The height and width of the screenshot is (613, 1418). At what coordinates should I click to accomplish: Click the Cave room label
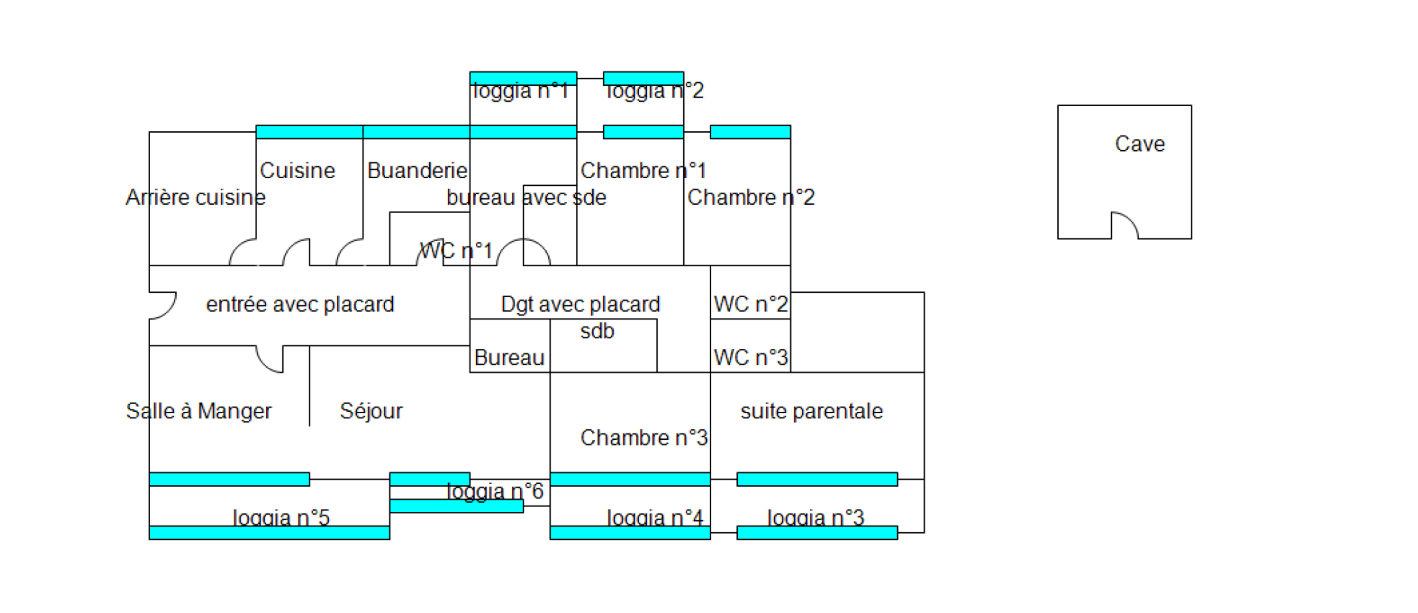pyautogui.click(x=1140, y=144)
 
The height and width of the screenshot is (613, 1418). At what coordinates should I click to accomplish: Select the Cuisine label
pyautogui.click(x=297, y=171)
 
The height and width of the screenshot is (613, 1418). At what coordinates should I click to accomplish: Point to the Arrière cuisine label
pyautogui.click(x=195, y=197)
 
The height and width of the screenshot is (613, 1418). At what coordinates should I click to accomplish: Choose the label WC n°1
pyautogui.click(x=456, y=251)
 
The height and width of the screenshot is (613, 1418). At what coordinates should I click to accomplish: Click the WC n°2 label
pyautogui.click(x=750, y=304)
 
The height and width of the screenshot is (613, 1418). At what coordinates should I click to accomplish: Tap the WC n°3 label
pyautogui.click(x=750, y=358)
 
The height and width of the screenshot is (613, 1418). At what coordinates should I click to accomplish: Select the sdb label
pyautogui.click(x=597, y=331)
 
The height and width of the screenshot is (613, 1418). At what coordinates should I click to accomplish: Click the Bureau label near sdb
pyautogui.click(x=509, y=358)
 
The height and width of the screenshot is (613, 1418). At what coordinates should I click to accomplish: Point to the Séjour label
pyautogui.click(x=371, y=411)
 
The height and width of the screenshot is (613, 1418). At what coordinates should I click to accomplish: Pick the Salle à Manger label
pyautogui.click(x=199, y=411)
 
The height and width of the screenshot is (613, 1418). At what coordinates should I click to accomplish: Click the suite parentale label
pyautogui.click(x=811, y=411)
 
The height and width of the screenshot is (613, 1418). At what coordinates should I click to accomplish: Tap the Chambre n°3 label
pyautogui.click(x=643, y=438)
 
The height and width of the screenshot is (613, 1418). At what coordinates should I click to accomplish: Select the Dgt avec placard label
pyautogui.click(x=580, y=304)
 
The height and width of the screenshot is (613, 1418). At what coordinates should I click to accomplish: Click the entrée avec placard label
pyautogui.click(x=300, y=304)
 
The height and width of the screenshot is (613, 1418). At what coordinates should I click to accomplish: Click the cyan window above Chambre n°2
pyautogui.click(x=750, y=132)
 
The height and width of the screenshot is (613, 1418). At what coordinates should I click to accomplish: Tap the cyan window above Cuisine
pyautogui.click(x=309, y=132)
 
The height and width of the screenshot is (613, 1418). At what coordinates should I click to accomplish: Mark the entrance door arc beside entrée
pyautogui.click(x=166, y=306)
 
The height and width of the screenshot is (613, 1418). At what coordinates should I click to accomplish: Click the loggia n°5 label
pyautogui.click(x=281, y=517)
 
